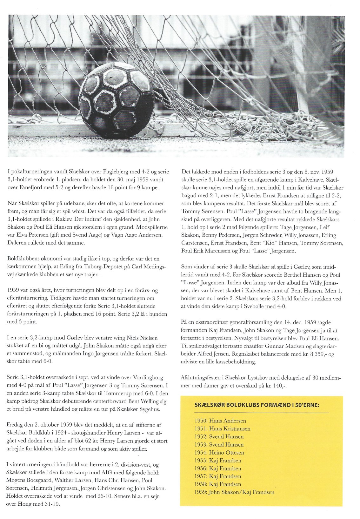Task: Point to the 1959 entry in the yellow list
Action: (x=234, y=492)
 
